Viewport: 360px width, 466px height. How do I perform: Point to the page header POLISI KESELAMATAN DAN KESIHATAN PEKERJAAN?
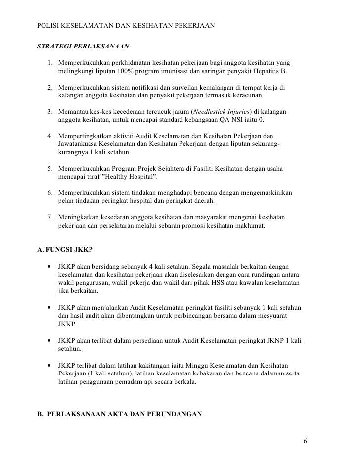[x=126, y=24]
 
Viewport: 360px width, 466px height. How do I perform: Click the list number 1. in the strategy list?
[x=50, y=64]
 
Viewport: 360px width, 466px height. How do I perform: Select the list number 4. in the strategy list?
[x=50, y=136]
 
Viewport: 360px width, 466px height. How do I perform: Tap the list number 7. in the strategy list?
[x=50, y=217]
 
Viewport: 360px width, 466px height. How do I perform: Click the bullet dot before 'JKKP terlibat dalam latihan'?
[x=49, y=366]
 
